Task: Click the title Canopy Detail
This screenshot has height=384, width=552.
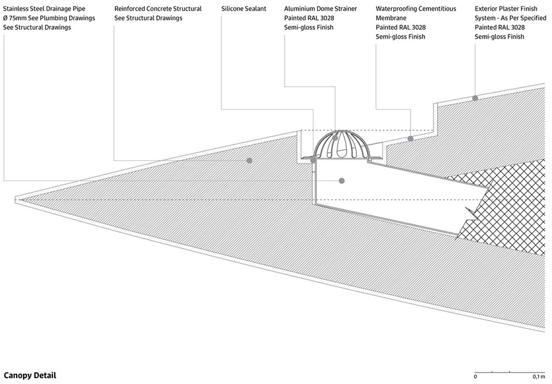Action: point(30,375)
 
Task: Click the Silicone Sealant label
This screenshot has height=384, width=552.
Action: point(244,9)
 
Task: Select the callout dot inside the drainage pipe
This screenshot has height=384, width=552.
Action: point(341,181)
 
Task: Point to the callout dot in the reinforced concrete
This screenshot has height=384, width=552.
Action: point(249,161)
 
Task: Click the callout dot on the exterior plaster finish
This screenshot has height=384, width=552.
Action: point(475,98)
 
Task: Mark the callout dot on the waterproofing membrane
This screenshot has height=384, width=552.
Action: point(410,139)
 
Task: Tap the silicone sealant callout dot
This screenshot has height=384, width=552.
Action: point(313,161)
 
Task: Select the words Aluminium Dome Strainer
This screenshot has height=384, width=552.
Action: point(320,9)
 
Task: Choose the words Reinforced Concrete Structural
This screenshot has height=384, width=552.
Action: point(158,9)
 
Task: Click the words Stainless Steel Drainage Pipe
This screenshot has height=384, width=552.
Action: point(44,9)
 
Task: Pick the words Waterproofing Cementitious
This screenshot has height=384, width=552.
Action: point(416,9)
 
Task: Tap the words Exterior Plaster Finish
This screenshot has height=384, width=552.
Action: point(506,9)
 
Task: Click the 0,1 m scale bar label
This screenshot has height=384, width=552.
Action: point(539,377)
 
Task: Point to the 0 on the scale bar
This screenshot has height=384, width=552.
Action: point(476,377)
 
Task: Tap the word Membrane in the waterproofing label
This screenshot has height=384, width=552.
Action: point(391,18)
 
